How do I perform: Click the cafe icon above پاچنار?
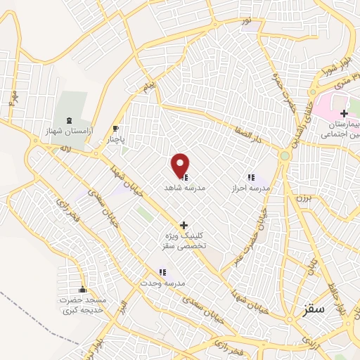pos(116,129)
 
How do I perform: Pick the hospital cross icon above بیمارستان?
pos(344,114)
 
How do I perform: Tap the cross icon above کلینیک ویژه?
pos(184,226)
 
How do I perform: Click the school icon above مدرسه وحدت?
pos(162,272)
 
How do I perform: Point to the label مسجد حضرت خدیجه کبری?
pos(82,305)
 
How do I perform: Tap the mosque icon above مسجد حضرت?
pos(83,290)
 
